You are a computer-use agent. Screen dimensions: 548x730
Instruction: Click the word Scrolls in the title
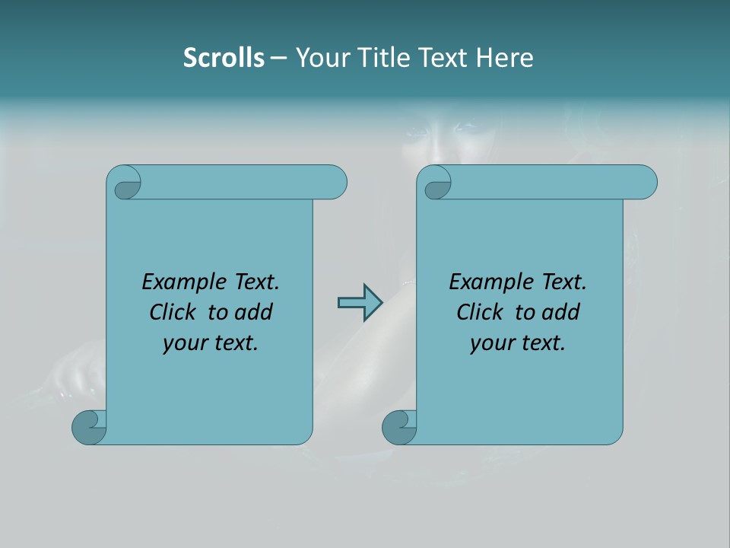(224, 58)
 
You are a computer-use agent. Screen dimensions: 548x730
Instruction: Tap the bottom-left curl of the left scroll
(89, 427)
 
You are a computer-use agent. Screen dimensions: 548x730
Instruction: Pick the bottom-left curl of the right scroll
(399, 427)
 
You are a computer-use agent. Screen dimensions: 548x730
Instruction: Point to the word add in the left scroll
(252, 313)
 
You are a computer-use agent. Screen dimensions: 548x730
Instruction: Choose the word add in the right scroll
(560, 313)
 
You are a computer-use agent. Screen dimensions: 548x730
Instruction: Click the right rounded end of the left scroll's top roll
(335, 183)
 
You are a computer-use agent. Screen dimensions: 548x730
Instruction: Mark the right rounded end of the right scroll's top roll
(645, 183)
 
